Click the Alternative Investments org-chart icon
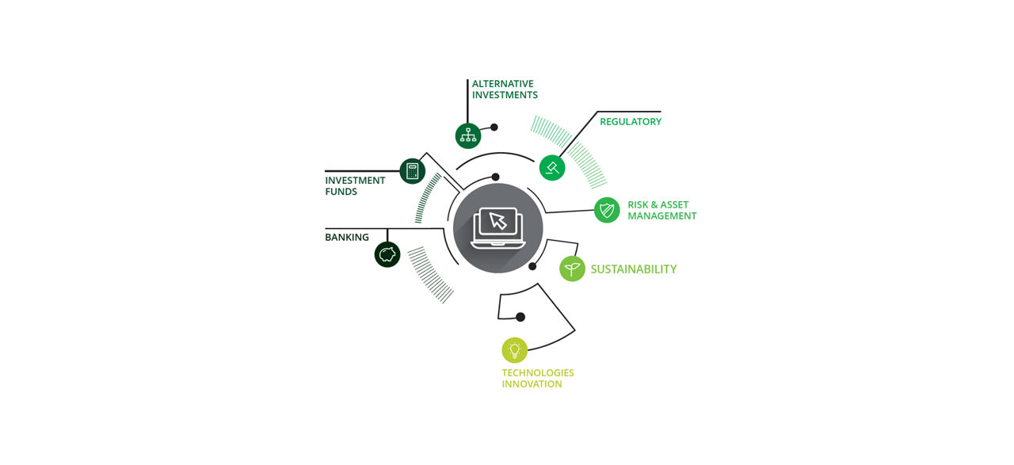point(468,135)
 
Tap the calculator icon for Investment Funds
point(413,171)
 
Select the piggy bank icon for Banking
point(387,254)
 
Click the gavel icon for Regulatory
point(552,167)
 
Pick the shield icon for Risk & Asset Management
point(607,210)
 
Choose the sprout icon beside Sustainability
point(572,269)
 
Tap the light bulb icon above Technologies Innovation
point(515,350)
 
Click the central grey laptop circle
point(498,228)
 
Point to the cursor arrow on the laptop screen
point(498,221)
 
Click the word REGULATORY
point(631,122)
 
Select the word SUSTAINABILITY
point(634,269)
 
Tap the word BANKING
point(347,238)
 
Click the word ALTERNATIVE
point(503,84)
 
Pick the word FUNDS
point(341,192)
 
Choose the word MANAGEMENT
point(662,216)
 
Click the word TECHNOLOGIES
point(538,372)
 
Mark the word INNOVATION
point(532,384)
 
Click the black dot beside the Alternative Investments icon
point(494,128)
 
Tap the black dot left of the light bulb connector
point(520,317)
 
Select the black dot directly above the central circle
point(496,177)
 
